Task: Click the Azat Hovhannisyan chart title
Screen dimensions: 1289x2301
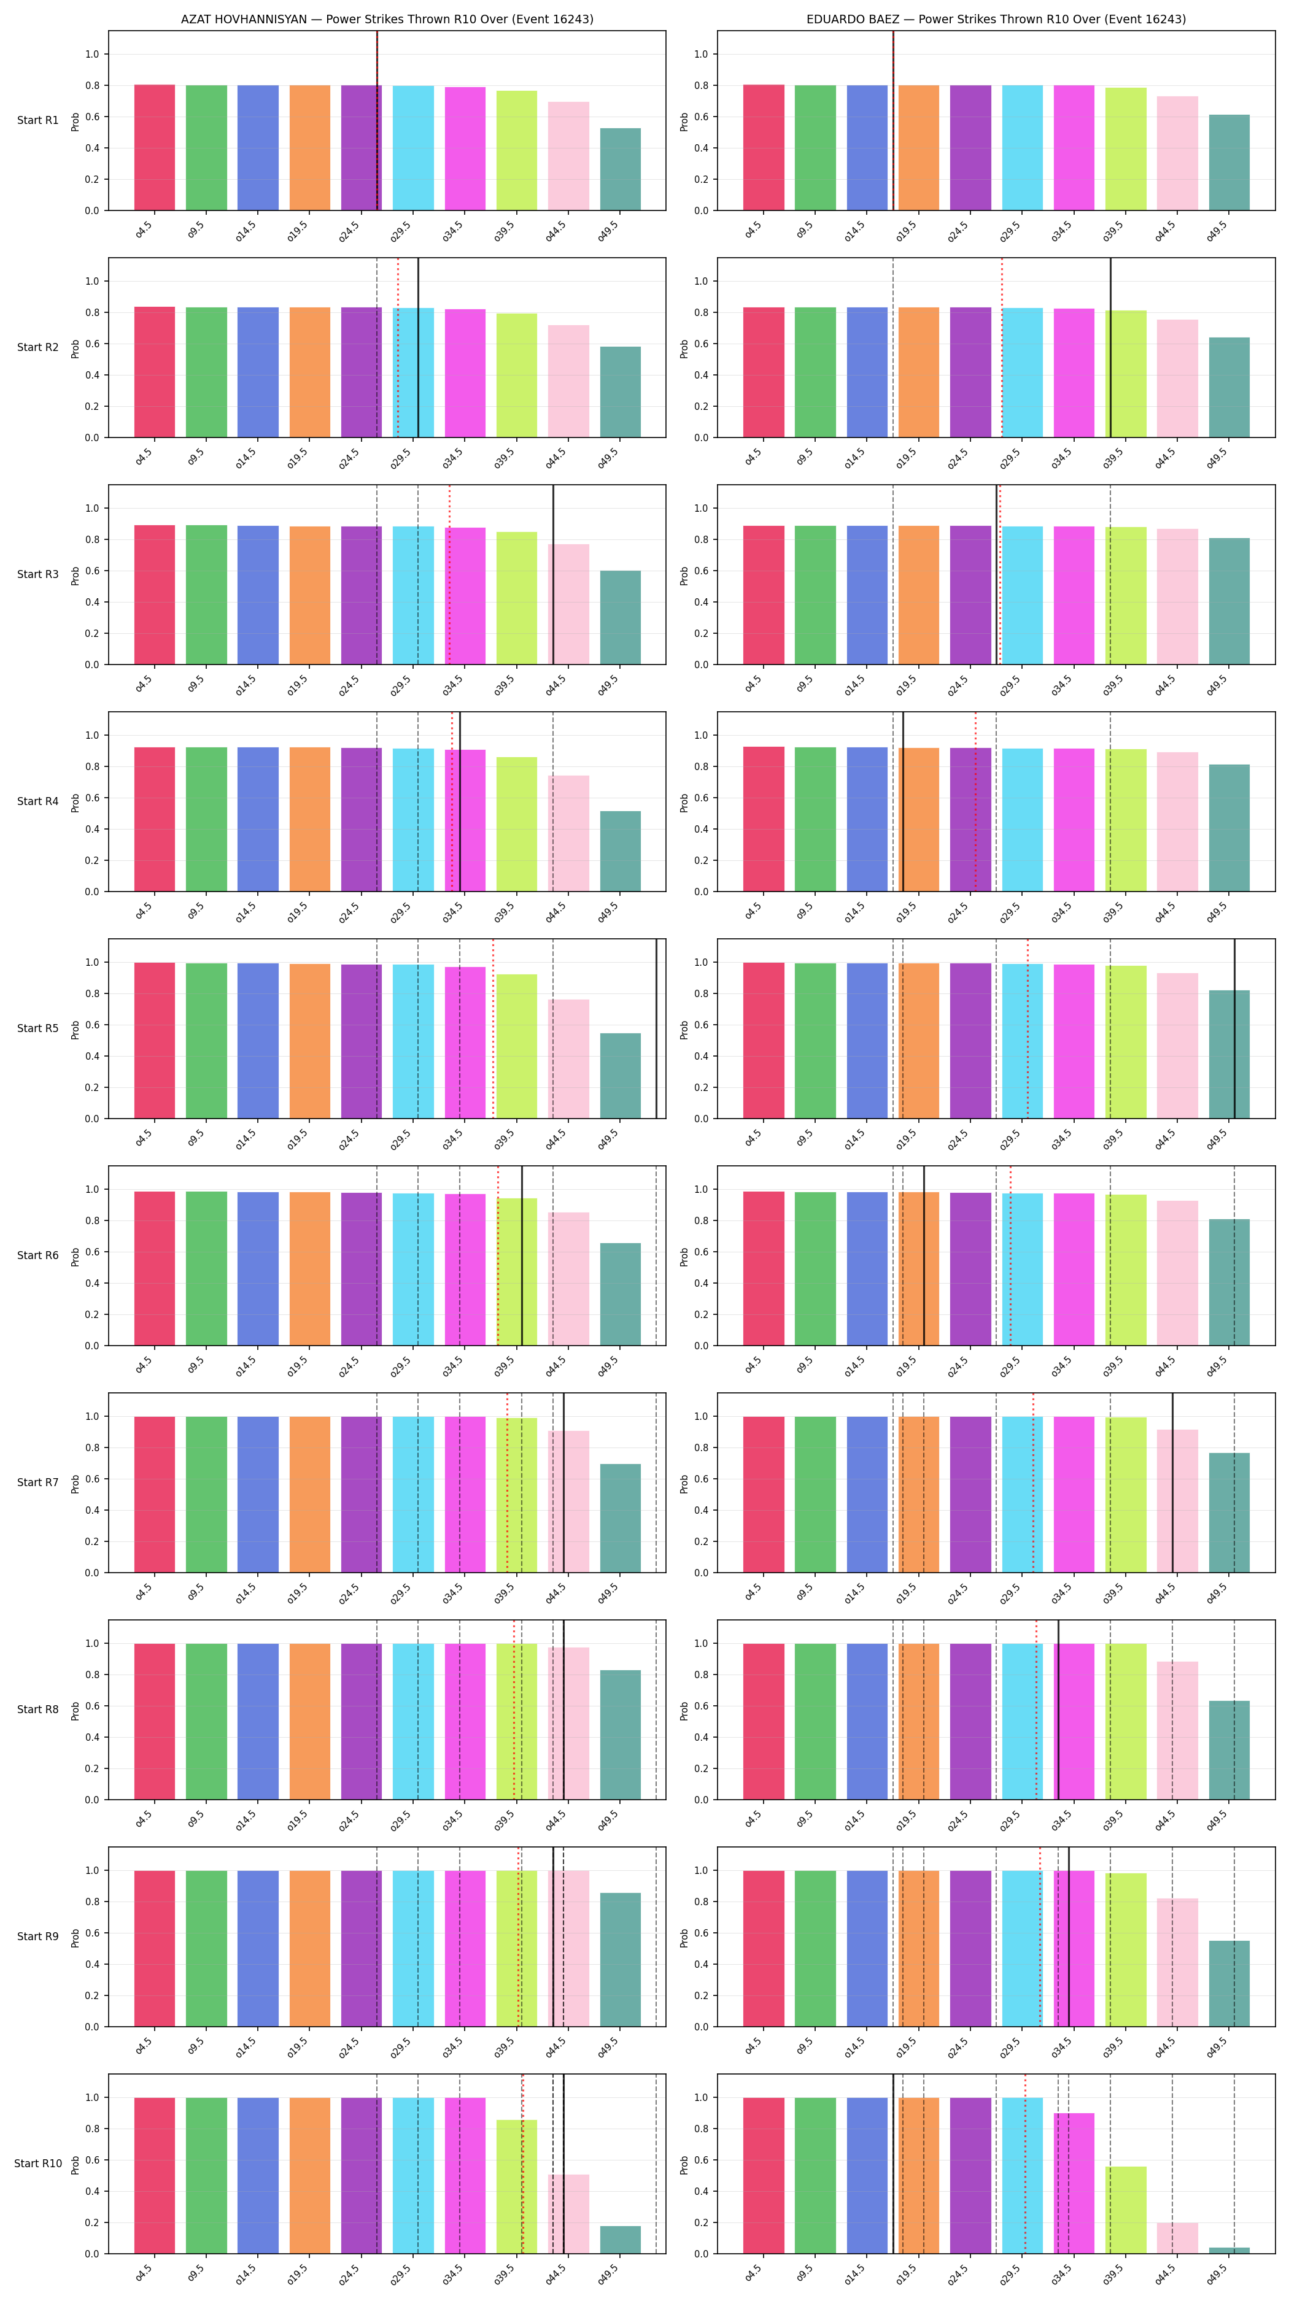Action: point(387,19)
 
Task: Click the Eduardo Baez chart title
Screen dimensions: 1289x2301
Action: point(996,19)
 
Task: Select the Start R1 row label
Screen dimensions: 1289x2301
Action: point(37,121)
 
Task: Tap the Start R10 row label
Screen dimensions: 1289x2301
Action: point(37,2164)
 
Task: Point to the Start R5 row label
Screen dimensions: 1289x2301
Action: point(37,1028)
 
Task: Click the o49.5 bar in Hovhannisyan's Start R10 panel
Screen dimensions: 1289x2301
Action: point(620,2240)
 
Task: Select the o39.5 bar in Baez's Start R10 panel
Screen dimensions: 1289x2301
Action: point(1126,2210)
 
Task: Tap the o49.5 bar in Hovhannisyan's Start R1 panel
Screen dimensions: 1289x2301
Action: point(620,170)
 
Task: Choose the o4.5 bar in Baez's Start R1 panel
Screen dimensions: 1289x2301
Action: point(764,147)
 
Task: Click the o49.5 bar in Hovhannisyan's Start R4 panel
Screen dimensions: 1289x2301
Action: point(620,851)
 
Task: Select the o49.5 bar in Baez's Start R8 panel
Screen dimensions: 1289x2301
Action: point(1229,1750)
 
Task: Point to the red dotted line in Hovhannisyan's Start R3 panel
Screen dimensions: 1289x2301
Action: point(449,574)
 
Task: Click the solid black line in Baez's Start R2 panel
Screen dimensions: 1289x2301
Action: point(1110,347)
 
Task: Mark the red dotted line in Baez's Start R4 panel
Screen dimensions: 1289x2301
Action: point(975,801)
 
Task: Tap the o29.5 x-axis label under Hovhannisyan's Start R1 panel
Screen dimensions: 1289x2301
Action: point(401,231)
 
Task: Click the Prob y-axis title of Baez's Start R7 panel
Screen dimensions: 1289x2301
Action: point(684,1484)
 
